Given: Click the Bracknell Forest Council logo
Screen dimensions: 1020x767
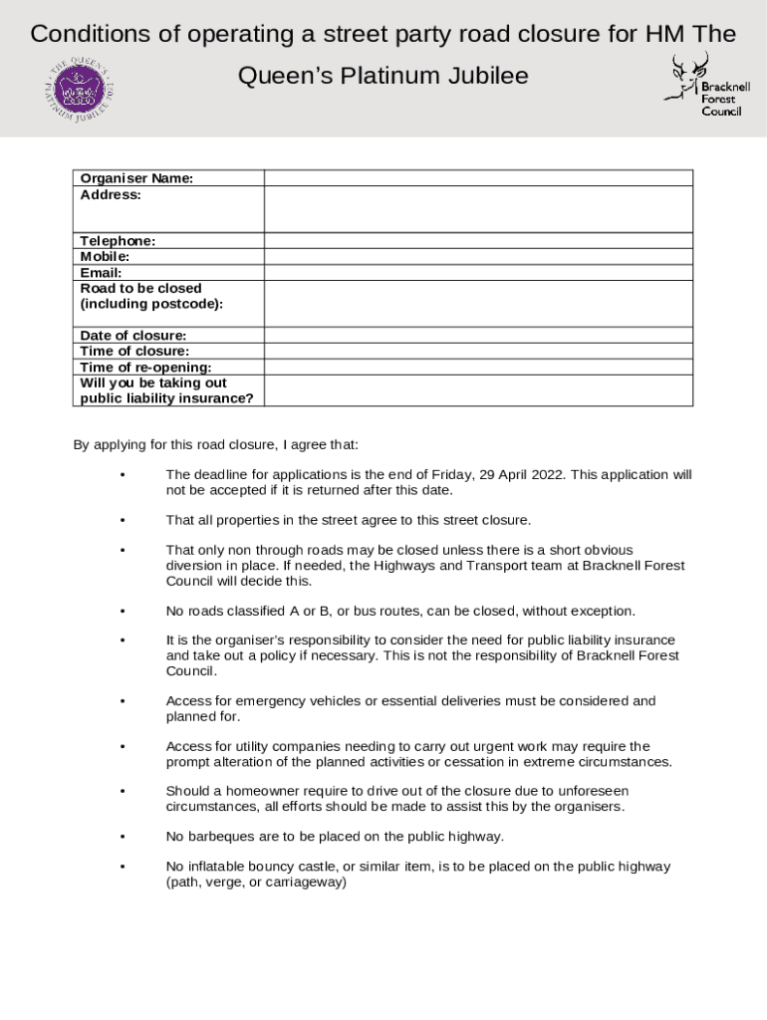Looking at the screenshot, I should pyautogui.click(x=706, y=87).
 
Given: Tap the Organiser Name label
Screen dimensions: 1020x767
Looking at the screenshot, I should pyautogui.click(x=136, y=178).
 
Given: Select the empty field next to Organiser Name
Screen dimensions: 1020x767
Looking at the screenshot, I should pyautogui.click(x=477, y=178).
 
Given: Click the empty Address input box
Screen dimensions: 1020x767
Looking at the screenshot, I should pyautogui.click(x=477, y=209).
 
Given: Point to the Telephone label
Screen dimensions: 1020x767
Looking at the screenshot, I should pyautogui.click(x=118, y=241).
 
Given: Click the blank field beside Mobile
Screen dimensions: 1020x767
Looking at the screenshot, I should pyautogui.click(x=477, y=257).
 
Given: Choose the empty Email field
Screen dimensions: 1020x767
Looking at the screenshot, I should pyautogui.click(x=477, y=273).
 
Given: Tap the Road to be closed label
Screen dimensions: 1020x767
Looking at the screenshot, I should pyautogui.click(x=140, y=289).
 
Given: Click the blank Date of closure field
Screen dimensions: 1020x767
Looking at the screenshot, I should pyautogui.click(x=477, y=336).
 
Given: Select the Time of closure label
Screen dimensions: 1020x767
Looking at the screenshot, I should pyautogui.click(x=134, y=352).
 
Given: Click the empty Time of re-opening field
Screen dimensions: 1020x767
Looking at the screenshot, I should pyautogui.click(x=477, y=368).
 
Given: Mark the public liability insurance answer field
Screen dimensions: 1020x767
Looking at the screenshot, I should pyautogui.click(x=477, y=390).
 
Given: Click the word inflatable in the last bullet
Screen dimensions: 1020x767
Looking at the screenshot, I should pyautogui.click(x=216, y=867).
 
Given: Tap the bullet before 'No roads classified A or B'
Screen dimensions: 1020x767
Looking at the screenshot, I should pyautogui.click(x=122, y=612).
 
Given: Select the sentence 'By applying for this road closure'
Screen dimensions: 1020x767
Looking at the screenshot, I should pyautogui.click(x=215, y=444).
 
